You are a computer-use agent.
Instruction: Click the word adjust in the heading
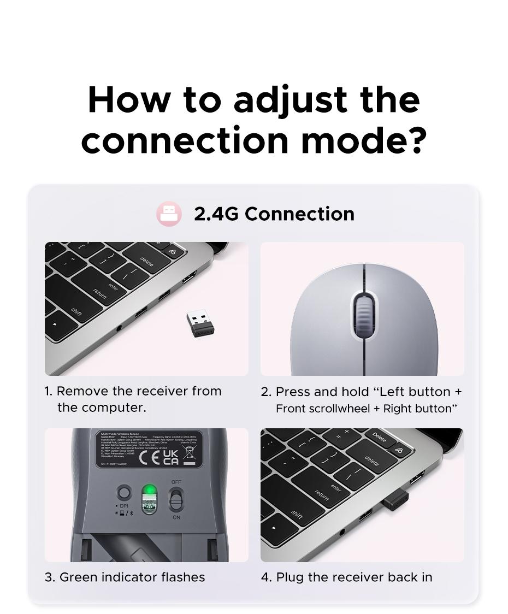[x=290, y=101]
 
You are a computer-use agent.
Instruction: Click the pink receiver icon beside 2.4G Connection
[x=169, y=214]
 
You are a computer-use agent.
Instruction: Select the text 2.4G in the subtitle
[x=216, y=214]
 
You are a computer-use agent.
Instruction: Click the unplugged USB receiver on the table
[x=200, y=323]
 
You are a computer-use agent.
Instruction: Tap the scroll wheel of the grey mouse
[x=363, y=315]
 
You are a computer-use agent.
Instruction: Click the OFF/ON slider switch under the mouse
[x=176, y=499]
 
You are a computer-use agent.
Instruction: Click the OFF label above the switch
[x=176, y=482]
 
